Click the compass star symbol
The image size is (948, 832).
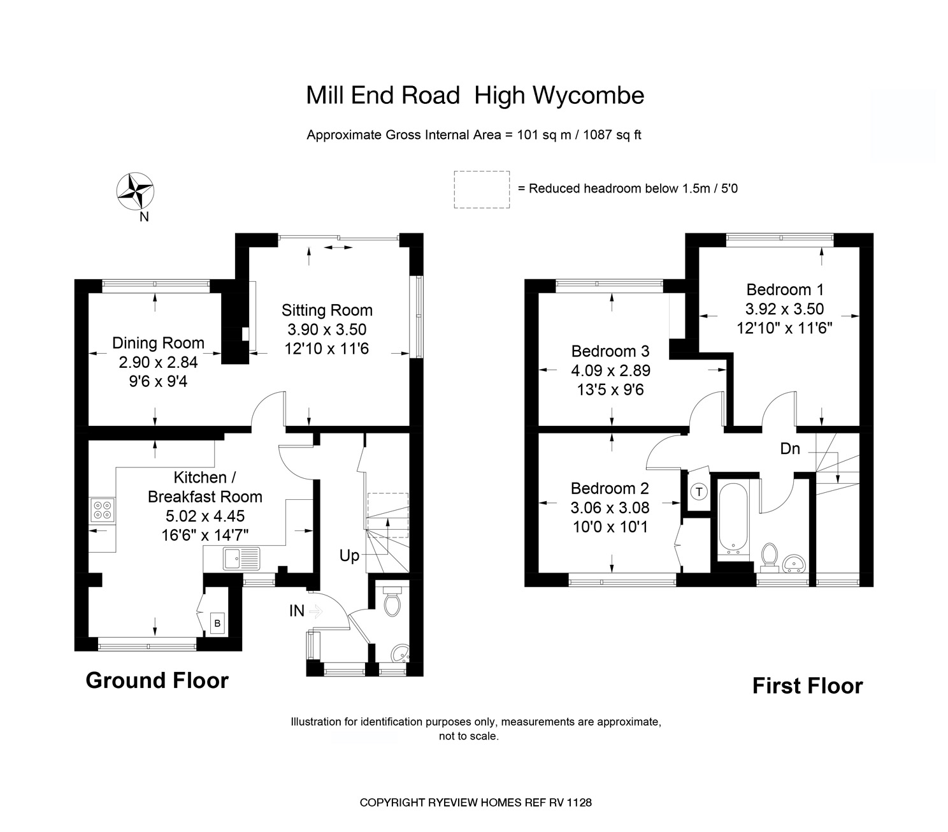point(135,190)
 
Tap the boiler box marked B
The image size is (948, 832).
point(217,623)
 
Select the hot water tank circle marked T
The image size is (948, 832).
point(699,492)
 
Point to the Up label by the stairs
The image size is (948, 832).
point(349,556)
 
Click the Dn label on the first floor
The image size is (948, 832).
point(790,449)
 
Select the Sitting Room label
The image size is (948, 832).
point(327,310)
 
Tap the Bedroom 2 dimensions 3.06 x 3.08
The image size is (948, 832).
point(610,508)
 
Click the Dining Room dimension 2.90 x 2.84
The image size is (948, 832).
point(158,362)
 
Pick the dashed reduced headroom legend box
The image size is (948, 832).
point(482,189)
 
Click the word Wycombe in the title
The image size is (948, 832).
point(587,96)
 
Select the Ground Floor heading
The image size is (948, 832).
point(157,680)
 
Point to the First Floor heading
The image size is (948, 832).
point(807,686)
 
